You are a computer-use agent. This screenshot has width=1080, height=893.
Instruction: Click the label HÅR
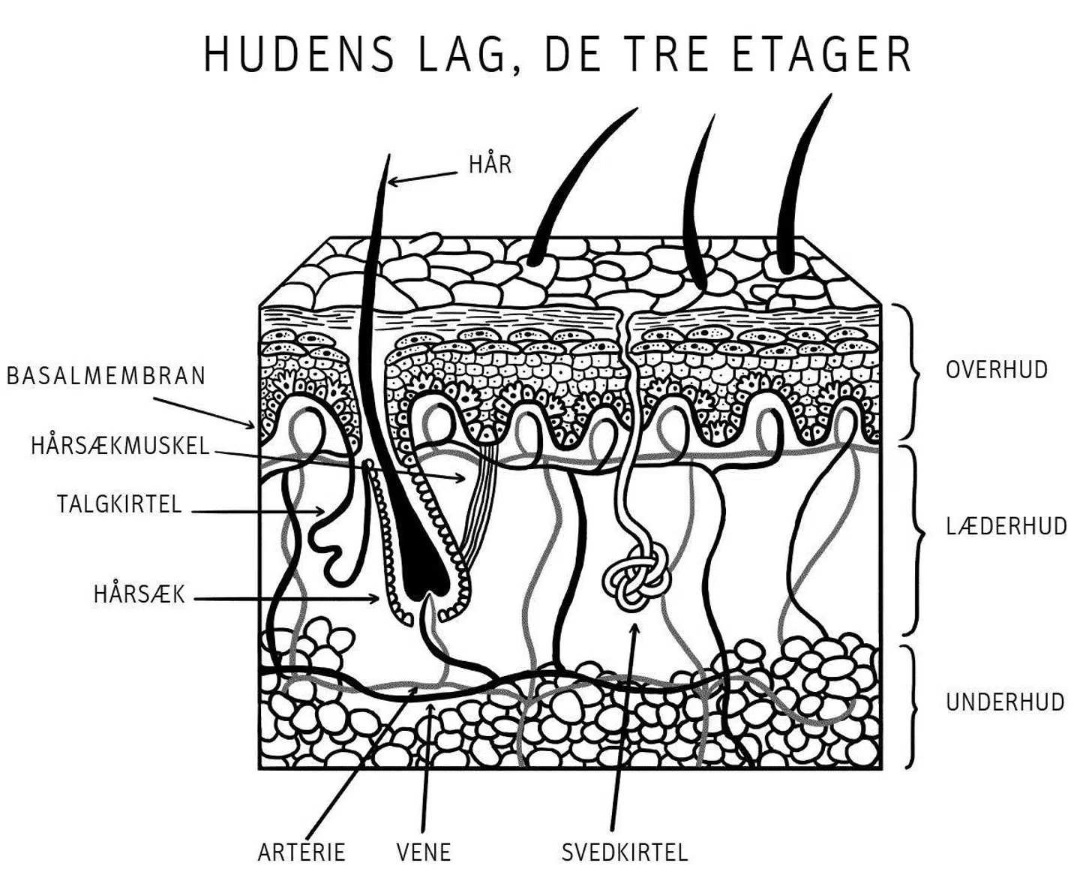click(x=490, y=164)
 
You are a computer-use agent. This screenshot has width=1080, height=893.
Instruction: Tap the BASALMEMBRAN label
click(x=106, y=376)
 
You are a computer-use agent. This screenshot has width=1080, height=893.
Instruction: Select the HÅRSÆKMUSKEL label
click(x=120, y=446)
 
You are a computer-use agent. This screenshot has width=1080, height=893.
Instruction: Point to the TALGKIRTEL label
click(x=119, y=504)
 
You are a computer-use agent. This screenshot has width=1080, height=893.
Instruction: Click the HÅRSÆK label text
click(x=139, y=595)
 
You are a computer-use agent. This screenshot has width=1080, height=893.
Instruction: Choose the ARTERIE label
click(x=301, y=852)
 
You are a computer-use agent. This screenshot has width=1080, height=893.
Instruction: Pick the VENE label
click(x=424, y=852)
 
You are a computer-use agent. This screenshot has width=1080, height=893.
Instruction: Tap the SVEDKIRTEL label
click(x=625, y=852)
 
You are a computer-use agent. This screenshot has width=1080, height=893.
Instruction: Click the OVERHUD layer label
click(x=996, y=370)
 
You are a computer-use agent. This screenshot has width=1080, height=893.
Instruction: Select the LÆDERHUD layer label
click(x=1006, y=526)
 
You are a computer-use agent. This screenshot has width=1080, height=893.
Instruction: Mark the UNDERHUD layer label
click(x=1004, y=702)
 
